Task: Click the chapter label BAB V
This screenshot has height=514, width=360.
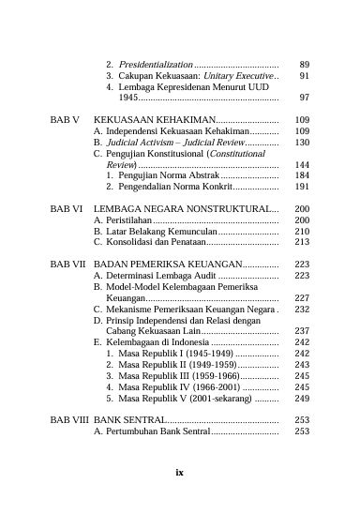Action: coord(64,121)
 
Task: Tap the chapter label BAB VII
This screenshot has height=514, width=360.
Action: coord(67,265)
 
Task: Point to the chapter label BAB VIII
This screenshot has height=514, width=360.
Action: coord(68,420)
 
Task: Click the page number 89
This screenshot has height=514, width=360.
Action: coord(305,64)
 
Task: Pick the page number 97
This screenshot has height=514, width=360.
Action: coord(305,98)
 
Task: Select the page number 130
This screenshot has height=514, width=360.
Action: coord(302,142)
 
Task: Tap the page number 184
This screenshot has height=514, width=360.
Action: coord(302,175)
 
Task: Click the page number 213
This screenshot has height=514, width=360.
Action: coord(302,242)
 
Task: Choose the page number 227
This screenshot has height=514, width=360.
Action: coord(302,298)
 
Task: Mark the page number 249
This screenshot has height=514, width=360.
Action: coord(302,398)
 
